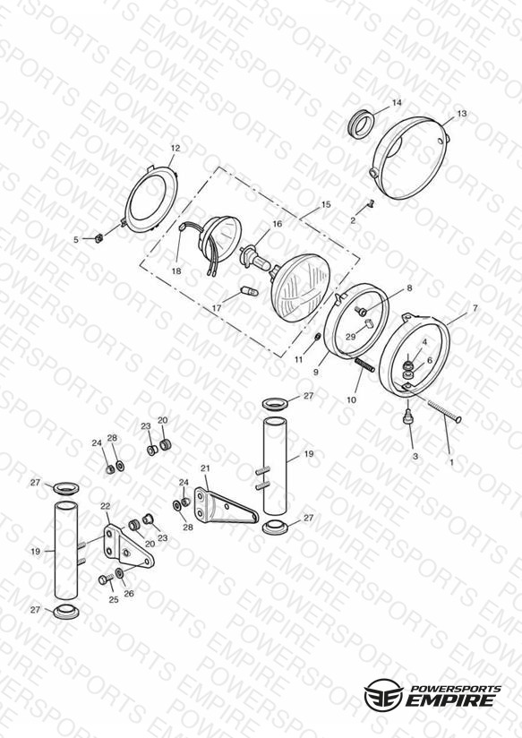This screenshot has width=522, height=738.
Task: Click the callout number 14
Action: pyautogui.click(x=397, y=103)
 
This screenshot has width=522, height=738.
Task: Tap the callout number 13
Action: pyautogui.click(x=462, y=114)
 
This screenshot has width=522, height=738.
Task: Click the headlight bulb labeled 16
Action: pyautogui.click(x=257, y=260)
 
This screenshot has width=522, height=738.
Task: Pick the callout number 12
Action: pyautogui.click(x=175, y=149)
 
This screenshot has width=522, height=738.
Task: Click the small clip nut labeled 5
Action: pyautogui.click(x=99, y=238)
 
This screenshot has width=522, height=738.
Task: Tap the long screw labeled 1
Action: pyautogui.click(x=444, y=410)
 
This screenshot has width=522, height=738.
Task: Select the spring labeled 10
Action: pyautogui.click(x=364, y=365)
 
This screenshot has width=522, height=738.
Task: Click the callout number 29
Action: pyautogui.click(x=351, y=337)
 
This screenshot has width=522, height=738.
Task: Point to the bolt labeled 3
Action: pyautogui.click(x=408, y=416)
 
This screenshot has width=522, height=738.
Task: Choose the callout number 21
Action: pyautogui.click(x=205, y=468)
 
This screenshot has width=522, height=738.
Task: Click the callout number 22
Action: pyautogui.click(x=105, y=506)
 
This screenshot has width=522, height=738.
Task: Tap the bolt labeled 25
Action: pyautogui.click(x=105, y=579)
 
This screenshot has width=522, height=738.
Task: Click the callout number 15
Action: pyautogui.click(x=326, y=205)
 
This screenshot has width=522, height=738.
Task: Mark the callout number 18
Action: pyautogui.click(x=176, y=271)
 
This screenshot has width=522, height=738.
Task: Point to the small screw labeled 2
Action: pyautogui.click(x=370, y=205)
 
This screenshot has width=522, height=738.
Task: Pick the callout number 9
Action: pyautogui.click(x=316, y=372)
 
